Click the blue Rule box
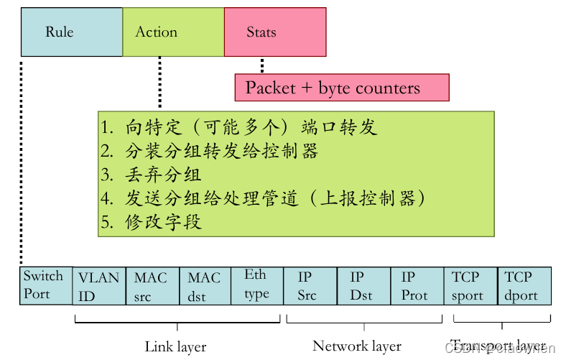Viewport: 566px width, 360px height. pyautogui.click(x=72, y=32)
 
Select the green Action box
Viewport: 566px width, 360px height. pyautogui.click(x=173, y=32)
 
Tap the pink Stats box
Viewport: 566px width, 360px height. pyautogui.click(x=275, y=32)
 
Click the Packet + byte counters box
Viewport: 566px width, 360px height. pyautogui.click(x=342, y=88)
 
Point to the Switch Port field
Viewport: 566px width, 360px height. pyautogui.click(x=45, y=285)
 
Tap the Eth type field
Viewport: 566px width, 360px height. pyautogui.click(x=256, y=285)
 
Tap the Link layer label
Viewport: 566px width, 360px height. pyautogui.click(x=175, y=346)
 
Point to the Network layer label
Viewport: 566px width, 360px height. pyautogui.click(x=357, y=346)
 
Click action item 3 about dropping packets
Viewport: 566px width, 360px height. pyautogui.click(x=152, y=175)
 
